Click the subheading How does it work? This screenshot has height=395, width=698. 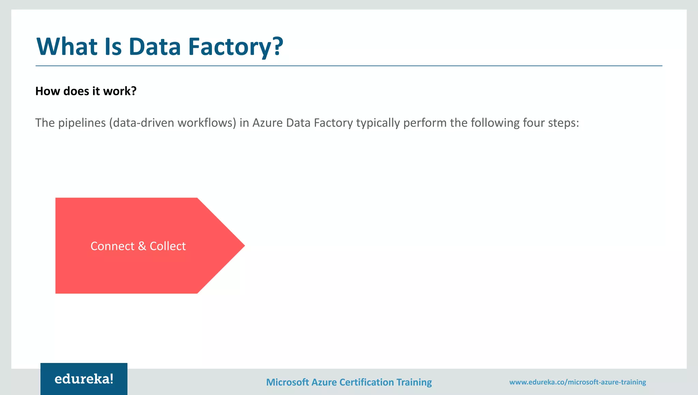[x=86, y=91]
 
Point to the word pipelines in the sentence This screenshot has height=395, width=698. [x=82, y=123]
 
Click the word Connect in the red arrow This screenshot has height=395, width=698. [x=112, y=246]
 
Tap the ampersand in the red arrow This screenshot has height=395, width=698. [x=142, y=246]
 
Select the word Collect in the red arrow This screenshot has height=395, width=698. [x=168, y=246]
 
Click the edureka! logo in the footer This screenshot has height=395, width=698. [x=84, y=379]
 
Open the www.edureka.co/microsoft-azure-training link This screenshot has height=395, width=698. [x=577, y=382]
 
